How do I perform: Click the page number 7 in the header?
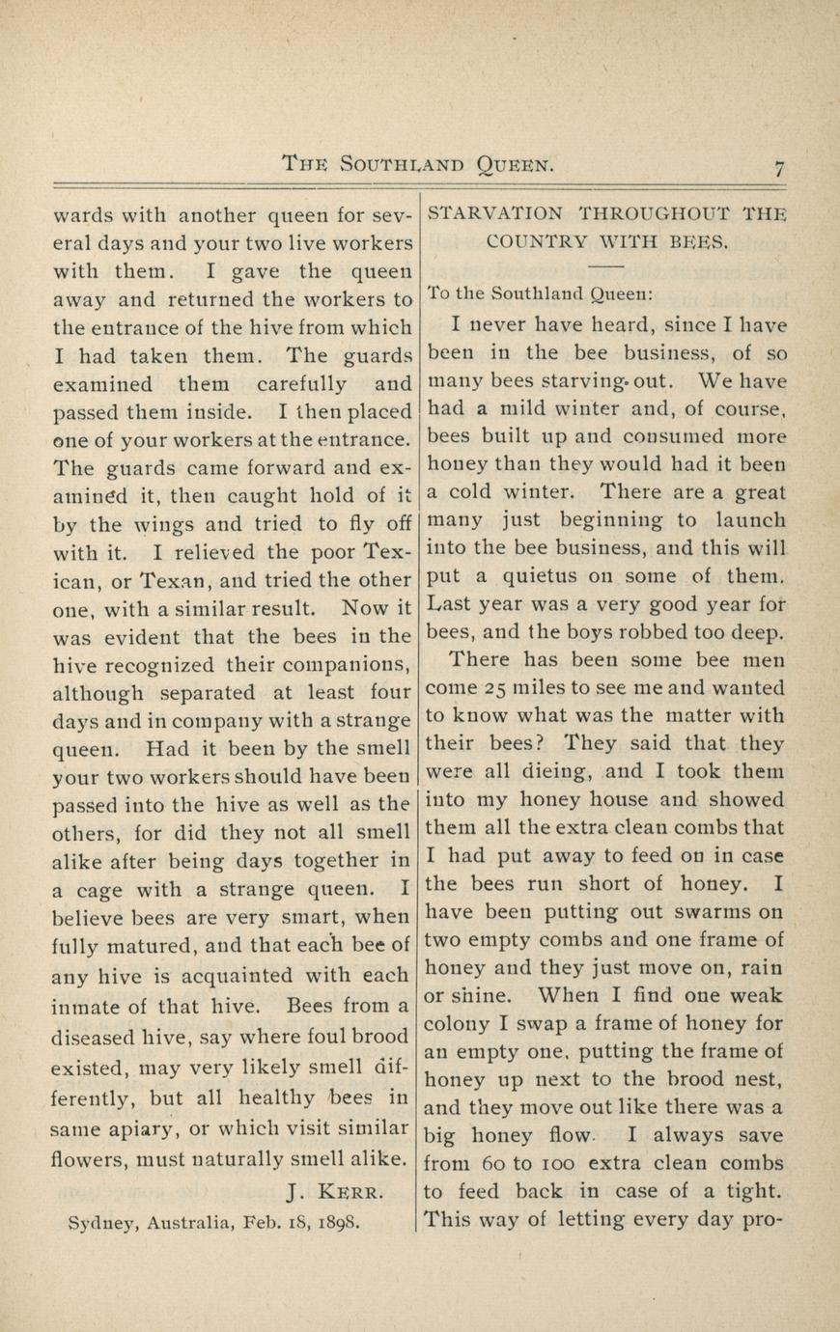779,167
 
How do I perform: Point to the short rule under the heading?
606,265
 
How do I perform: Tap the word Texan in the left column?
174,582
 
